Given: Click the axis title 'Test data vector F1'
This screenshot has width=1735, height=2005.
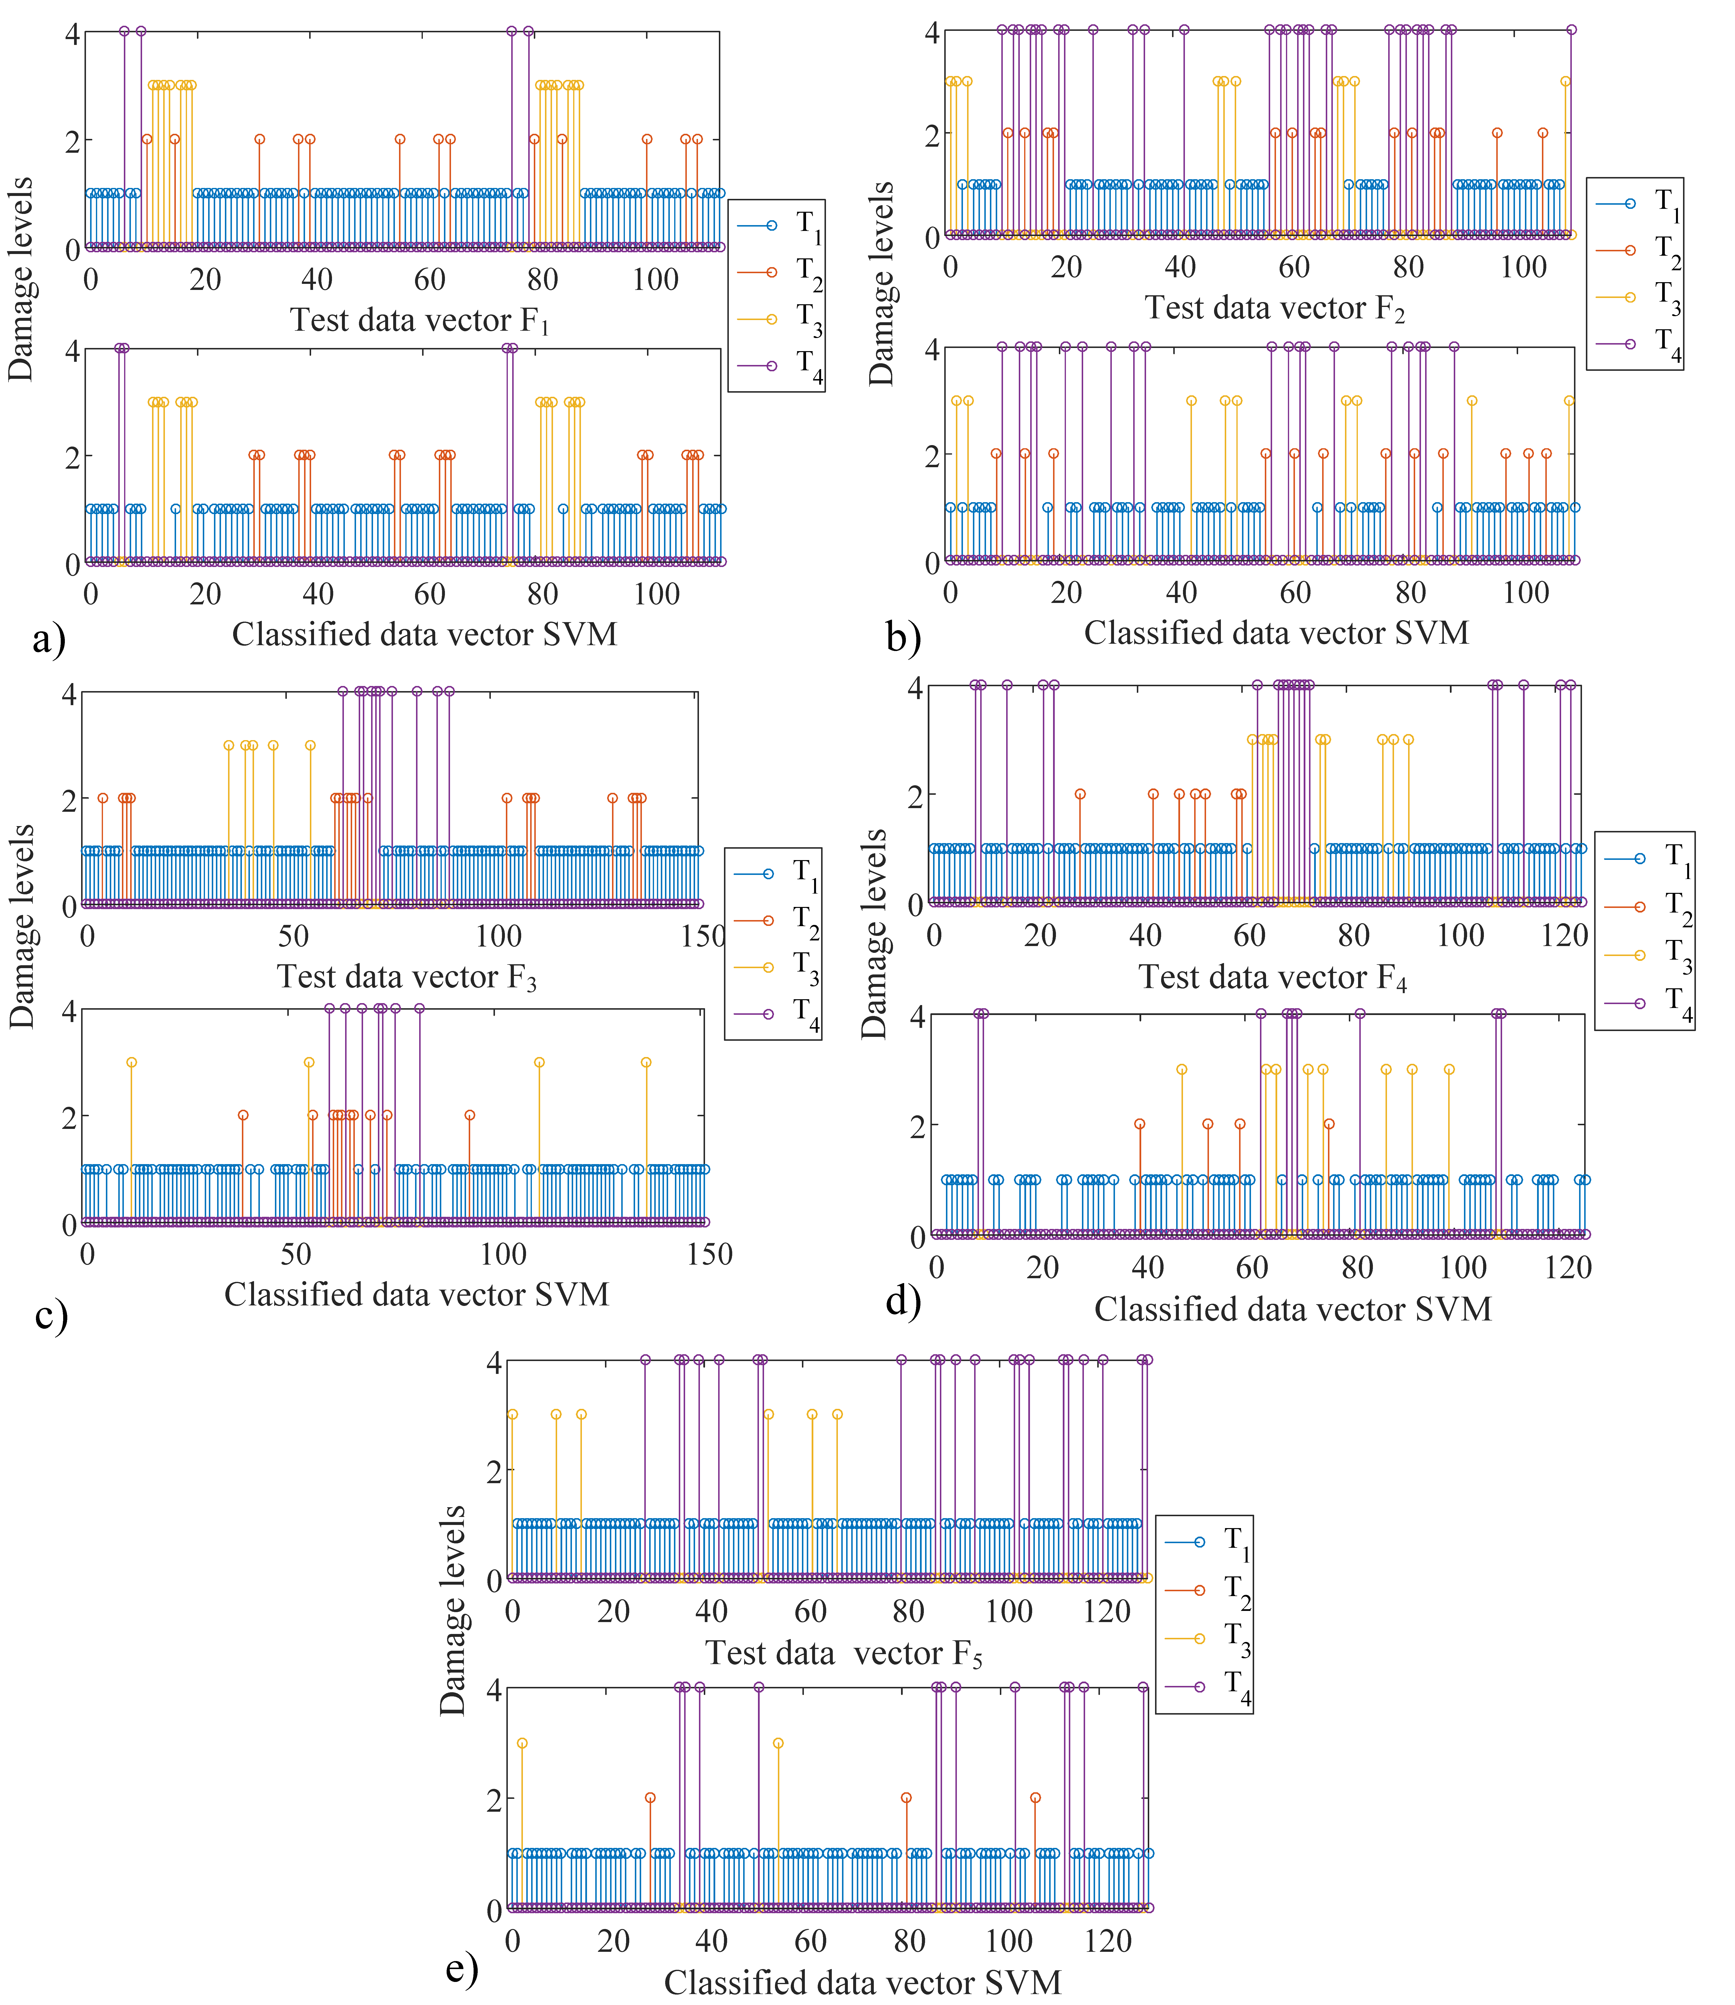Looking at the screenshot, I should point(420,321).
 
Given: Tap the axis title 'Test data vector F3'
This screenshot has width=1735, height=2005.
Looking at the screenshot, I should point(407,977).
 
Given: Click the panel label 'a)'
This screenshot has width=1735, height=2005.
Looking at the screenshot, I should point(48,639).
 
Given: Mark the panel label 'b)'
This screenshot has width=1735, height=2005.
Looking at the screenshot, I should point(903,637).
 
